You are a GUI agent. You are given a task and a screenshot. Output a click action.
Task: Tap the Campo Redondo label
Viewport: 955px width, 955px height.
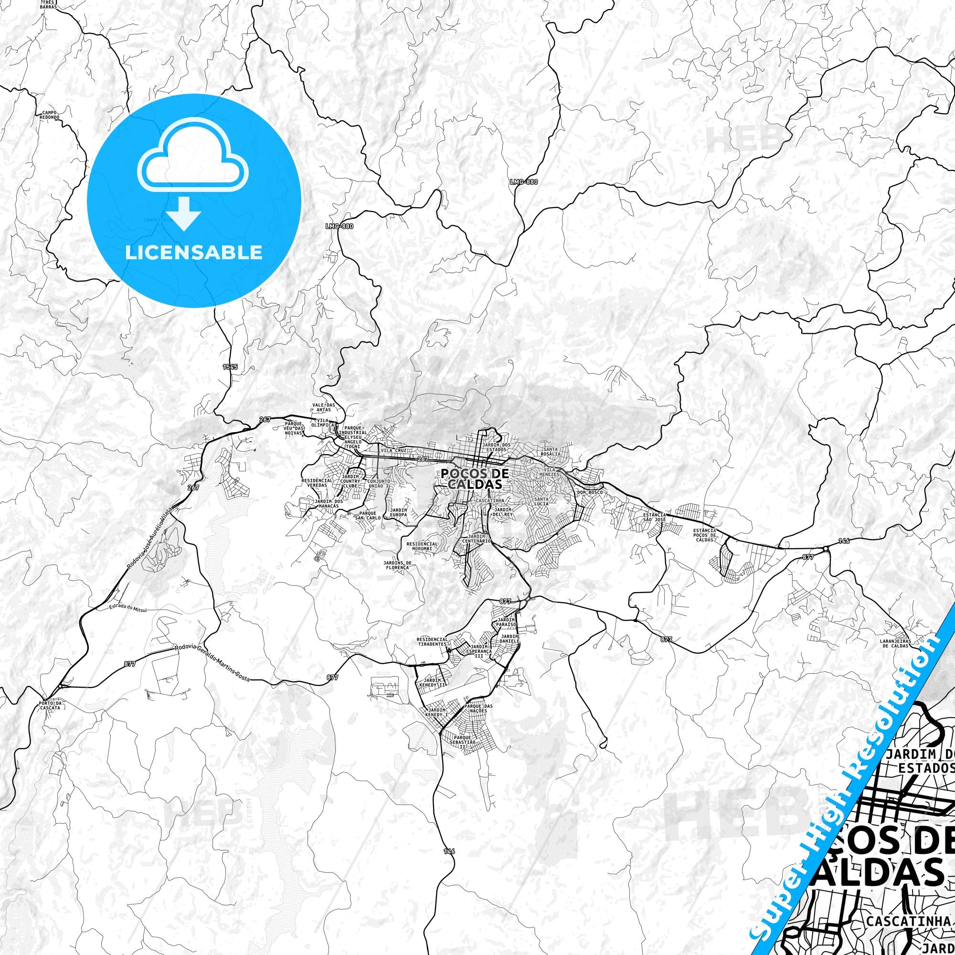click(50, 115)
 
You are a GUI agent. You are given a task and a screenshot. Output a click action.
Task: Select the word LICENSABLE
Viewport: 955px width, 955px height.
click(193, 252)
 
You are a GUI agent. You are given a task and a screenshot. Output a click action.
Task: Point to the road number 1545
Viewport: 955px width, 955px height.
click(230, 367)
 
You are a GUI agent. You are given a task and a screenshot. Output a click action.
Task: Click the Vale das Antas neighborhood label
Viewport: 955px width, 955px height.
click(323, 408)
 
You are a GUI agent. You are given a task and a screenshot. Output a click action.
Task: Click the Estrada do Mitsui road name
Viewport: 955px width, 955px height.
click(130, 608)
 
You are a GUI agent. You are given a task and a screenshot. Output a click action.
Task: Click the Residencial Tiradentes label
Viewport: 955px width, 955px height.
click(432, 641)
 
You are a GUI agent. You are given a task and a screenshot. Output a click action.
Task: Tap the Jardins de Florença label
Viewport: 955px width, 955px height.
click(397, 565)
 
